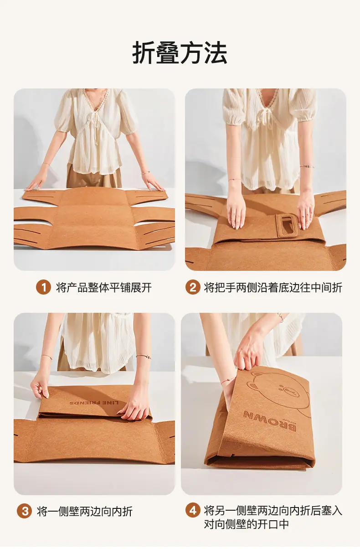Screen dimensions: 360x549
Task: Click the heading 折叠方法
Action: (180, 53)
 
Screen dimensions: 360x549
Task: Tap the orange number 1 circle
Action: (43, 287)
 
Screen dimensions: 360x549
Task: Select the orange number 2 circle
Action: (193, 287)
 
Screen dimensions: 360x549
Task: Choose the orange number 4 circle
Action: (193, 511)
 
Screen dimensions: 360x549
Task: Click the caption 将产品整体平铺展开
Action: (104, 287)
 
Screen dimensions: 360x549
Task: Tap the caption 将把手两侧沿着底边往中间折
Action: (273, 287)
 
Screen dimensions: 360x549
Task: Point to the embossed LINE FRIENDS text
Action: (94, 403)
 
